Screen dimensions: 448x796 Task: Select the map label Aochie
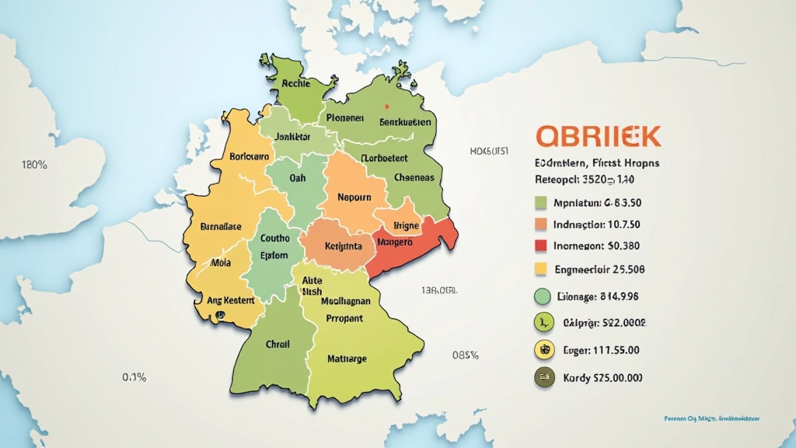(x=296, y=83)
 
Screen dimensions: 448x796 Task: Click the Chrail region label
(x=278, y=344)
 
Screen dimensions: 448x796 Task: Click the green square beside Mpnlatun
(x=543, y=204)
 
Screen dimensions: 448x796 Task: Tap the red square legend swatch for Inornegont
(x=543, y=247)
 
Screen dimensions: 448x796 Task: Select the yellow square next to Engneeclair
(x=543, y=269)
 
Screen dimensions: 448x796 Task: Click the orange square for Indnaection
(x=543, y=225)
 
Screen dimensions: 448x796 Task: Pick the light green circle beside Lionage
(x=543, y=296)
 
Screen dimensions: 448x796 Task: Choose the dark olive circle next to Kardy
(x=543, y=378)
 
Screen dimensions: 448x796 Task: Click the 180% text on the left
(x=36, y=165)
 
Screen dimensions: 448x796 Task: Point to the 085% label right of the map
(x=465, y=355)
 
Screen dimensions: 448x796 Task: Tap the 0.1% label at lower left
(x=134, y=377)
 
